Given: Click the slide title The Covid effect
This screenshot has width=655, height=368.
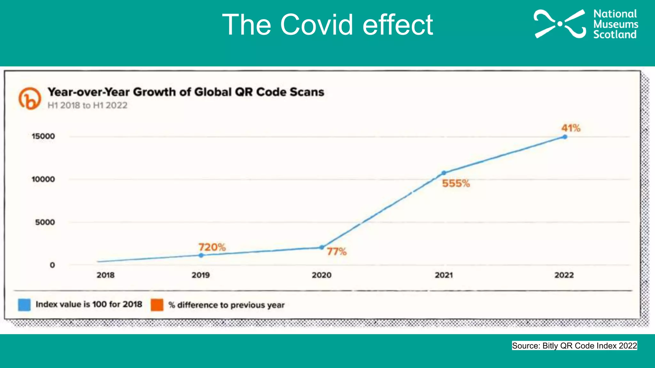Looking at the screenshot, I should click(327, 25).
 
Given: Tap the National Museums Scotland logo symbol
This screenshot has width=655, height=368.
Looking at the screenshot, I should click(560, 24).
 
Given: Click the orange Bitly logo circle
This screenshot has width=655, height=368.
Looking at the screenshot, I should click(30, 98).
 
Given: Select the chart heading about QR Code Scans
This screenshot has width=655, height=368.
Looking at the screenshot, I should click(186, 92).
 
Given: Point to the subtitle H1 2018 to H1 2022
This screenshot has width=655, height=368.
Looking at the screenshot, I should click(87, 105).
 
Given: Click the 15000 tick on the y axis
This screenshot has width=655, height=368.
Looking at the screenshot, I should click(43, 136).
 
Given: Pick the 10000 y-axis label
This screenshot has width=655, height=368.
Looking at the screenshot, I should click(43, 179).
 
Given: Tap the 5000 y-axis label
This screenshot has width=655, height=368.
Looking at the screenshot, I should click(45, 222).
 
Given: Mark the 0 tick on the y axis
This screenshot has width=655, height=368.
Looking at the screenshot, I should click(52, 265).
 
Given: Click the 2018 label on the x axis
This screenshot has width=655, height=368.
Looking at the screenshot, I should click(106, 275).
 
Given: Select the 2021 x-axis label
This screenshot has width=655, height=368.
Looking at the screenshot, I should click(444, 275).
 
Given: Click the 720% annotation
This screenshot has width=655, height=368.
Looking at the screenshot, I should click(212, 247).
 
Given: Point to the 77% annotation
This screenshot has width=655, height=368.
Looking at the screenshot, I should click(336, 252).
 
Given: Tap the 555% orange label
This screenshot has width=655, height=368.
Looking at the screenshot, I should click(456, 183).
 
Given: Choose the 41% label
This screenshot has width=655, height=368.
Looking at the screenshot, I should click(571, 128).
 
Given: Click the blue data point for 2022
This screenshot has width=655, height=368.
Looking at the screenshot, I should click(565, 137).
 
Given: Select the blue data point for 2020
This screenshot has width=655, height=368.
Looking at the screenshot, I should click(322, 247).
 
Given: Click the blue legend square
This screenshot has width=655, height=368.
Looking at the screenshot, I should click(24, 305).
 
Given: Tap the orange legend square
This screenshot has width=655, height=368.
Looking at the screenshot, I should click(157, 305).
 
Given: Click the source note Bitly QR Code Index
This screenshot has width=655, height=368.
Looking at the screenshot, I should click(574, 346).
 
